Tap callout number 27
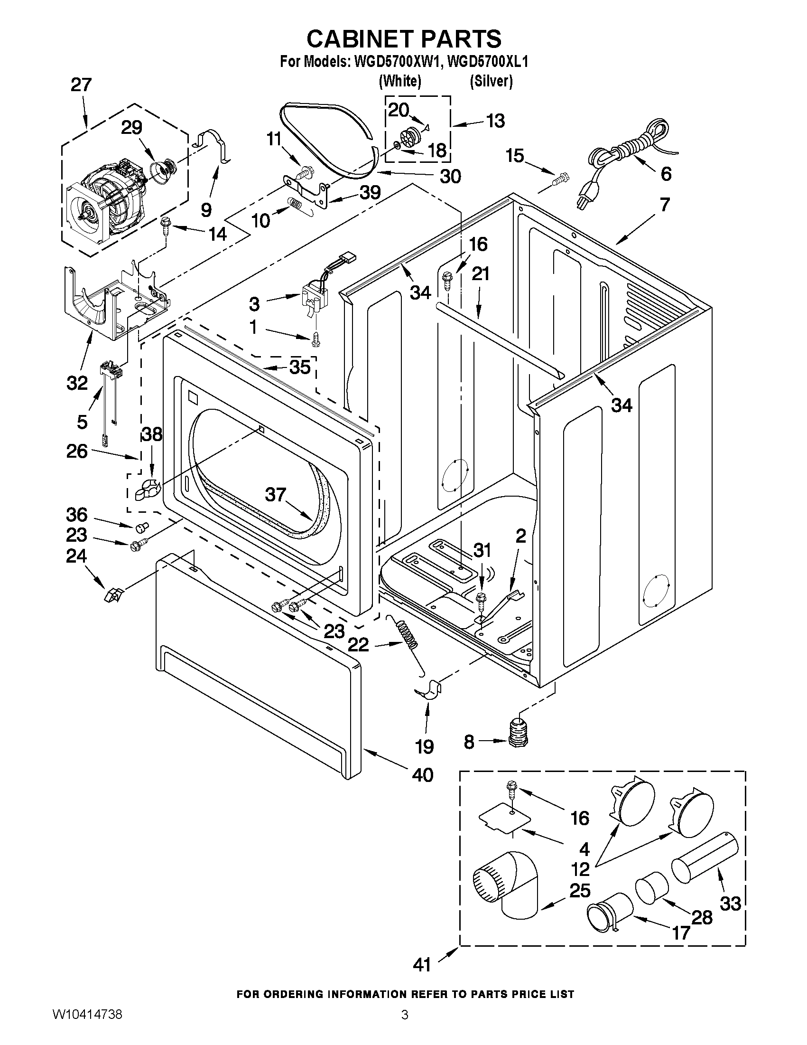tap(81, 85)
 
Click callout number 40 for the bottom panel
tap(423, 775)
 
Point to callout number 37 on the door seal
tap(275, 494)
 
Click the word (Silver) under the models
tap(491, 81)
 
